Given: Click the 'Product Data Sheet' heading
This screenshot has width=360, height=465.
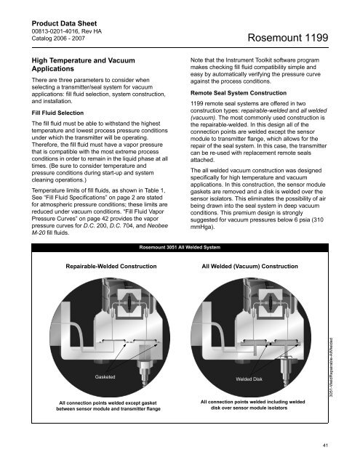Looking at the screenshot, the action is click(64, 23).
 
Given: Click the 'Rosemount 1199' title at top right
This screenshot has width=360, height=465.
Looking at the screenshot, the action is click(287, 38).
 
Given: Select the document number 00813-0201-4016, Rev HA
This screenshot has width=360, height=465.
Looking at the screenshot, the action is click(66, 31).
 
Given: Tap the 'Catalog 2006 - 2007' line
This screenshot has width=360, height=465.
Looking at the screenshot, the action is click(58, 39).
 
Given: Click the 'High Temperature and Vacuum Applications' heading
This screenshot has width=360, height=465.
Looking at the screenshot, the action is click(84, 65).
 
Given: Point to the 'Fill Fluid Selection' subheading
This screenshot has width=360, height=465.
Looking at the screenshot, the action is click(57, 113).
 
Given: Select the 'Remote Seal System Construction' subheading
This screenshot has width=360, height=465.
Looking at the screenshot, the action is click(239, 93).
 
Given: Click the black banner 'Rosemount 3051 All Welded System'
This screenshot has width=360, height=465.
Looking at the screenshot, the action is click(180, 247).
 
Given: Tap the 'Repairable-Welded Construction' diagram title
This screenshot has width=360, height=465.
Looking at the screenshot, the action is click(111, 267).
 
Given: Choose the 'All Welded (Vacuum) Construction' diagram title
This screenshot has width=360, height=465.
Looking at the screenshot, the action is click(249, 267).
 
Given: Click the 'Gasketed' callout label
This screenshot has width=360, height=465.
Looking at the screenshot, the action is click(105, 377).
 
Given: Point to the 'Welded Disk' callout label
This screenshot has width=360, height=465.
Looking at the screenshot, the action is click(249, 379).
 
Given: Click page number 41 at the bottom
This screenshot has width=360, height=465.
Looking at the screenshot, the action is click(325, 445).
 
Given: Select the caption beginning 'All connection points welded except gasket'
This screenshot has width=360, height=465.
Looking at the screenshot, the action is click(108, 406).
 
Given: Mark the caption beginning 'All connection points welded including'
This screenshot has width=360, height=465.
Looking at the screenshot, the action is click(252, 405).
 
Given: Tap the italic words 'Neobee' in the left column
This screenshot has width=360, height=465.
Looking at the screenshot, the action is click(158, 226).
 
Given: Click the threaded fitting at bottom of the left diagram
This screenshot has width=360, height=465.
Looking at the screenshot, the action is click(145, 372).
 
